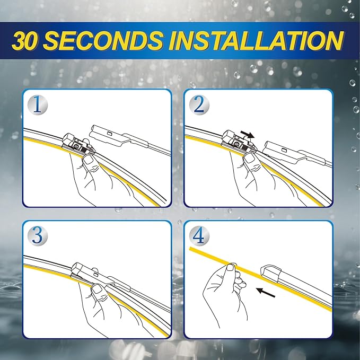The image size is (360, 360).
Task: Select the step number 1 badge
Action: [37, 104]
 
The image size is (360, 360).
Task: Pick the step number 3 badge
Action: [37, 235]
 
